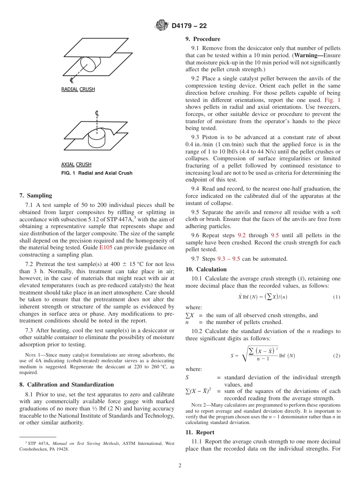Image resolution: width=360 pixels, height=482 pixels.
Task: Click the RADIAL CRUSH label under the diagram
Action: (x=78, y=89)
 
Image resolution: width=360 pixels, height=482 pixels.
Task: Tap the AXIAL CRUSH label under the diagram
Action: (x=76, y=164)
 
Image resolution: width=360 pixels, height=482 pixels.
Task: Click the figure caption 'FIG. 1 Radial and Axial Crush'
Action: (x=97, y=173)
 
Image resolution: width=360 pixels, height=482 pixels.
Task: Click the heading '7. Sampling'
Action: (x=36, y=196)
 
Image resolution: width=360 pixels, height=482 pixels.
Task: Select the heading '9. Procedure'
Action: (x=203, y=39)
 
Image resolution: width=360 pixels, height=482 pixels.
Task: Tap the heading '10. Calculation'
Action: (x=206, y=269)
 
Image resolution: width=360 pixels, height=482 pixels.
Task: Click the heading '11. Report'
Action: (x=200, y=432)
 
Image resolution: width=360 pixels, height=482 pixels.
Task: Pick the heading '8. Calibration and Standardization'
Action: (x=66, y=385)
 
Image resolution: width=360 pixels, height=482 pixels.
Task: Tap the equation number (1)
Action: (x=337, y=297)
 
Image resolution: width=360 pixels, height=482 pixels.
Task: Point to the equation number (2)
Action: (x=337, y=356)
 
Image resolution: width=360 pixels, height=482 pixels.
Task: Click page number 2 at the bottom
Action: (x=180, y=466)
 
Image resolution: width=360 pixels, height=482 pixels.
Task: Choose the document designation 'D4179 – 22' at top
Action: (x=189, y=26)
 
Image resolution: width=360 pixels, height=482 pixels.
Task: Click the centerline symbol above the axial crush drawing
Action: (x=97, y=113)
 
